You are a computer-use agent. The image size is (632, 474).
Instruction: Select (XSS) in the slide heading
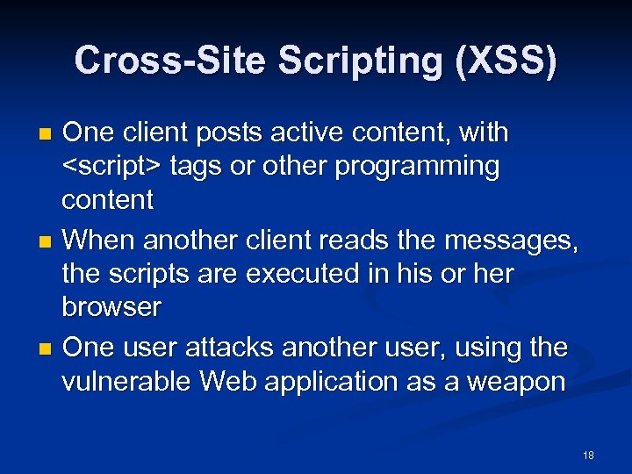point(504,61)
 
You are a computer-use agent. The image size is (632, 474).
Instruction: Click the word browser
point(111,307)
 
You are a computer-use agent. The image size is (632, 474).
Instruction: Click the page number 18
point(588,455)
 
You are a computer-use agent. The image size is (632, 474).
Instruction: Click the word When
point(97,240)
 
